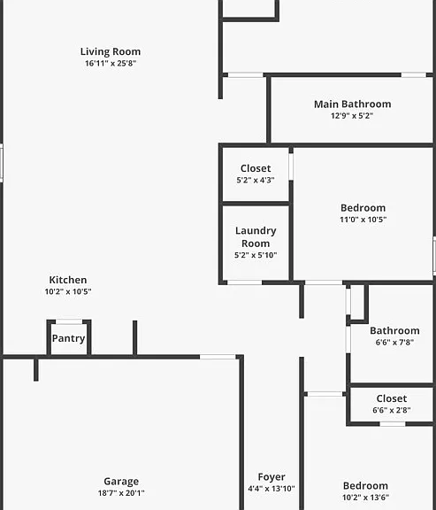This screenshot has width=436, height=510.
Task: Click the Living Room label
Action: click(111, 51)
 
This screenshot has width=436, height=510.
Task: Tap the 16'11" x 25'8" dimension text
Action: click(111, 63)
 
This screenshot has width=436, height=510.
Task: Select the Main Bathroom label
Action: click(353, 104)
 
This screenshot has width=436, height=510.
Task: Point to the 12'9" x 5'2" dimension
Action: click(352, 115)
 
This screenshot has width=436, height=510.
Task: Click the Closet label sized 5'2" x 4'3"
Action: click(256, 168)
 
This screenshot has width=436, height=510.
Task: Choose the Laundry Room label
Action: click(256, 236)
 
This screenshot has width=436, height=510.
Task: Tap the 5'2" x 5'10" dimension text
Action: click(256, 255)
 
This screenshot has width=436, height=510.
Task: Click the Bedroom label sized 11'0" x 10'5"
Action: click(363, 208)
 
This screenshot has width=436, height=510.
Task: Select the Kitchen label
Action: click(68, 280)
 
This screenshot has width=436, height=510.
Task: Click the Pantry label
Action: click(69, 338)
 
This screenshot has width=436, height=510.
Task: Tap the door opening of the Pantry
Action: click(69, 321)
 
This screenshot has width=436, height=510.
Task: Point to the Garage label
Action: click(121, 481)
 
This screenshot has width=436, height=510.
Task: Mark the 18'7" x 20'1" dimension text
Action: click(121, 493)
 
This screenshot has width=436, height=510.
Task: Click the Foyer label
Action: click(272, 477)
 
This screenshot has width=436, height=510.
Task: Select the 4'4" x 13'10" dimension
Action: click(272, 488)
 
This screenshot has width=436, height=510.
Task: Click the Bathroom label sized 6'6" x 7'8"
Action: click(394, 331)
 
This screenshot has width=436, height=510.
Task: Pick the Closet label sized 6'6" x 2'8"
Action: click(392, 398)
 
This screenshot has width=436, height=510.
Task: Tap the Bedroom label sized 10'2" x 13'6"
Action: click(365, 485)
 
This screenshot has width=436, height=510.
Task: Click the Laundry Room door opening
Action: click(244, 282)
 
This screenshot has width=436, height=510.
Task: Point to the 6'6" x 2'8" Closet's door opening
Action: click(393, 424)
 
